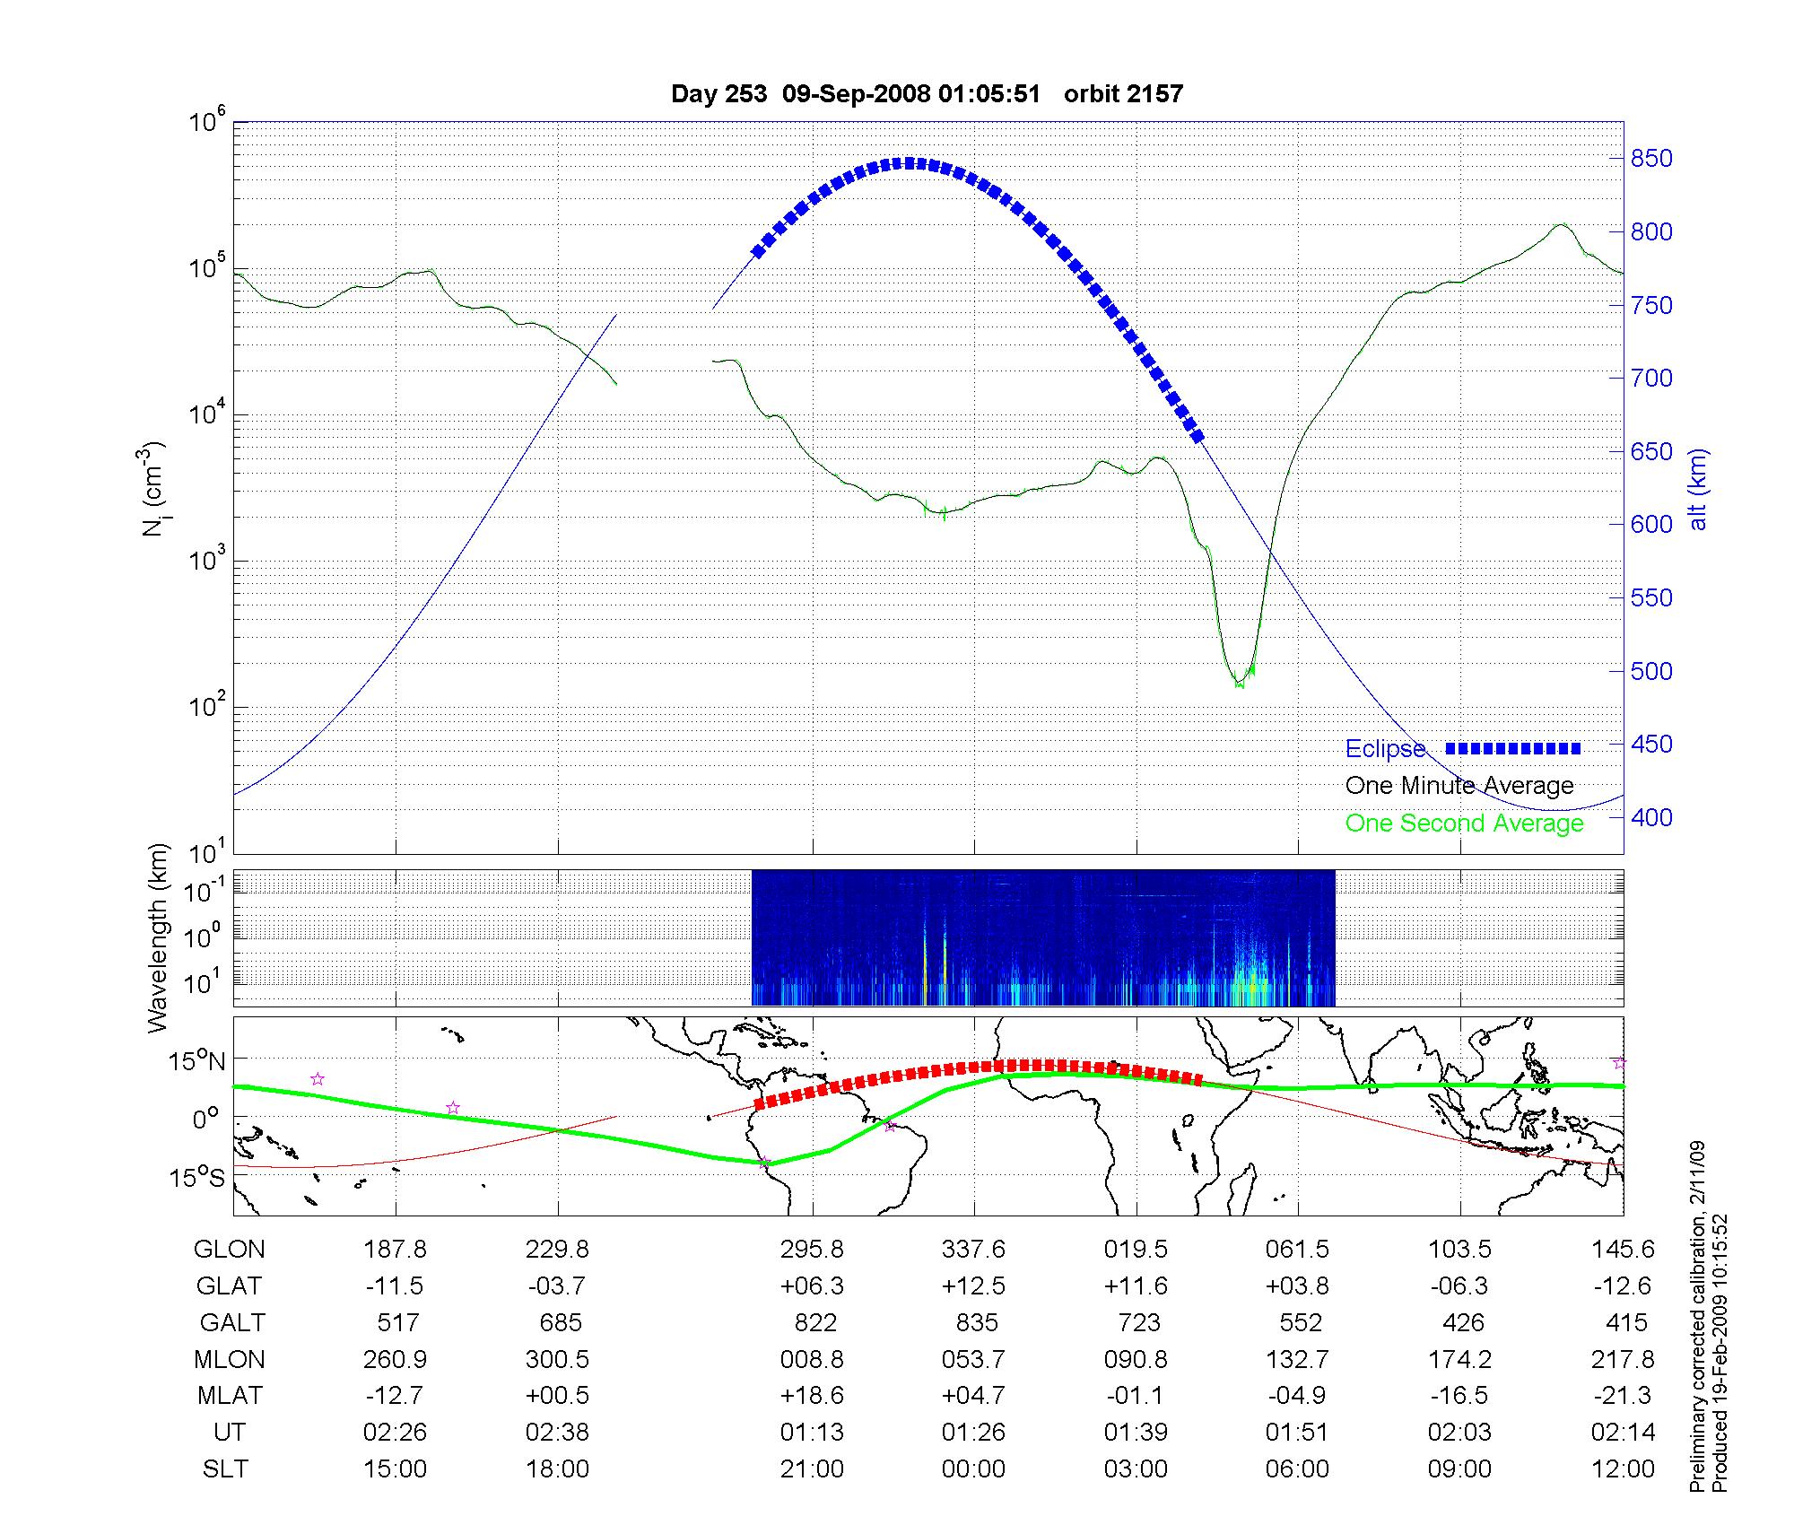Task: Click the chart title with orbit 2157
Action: point(927,93)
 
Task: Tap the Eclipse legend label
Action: point(1385,749)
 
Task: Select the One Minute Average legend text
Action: point(1459,786)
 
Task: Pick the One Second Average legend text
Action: point(1464,823)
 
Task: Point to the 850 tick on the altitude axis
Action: point(1651,159)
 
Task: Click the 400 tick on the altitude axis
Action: point(1651,817)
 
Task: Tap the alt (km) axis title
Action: point(1698,489)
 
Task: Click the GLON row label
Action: point(229,1250)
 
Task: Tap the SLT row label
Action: point(225,1469)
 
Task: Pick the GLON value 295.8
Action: point(812,1250)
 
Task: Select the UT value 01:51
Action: point(1297,1433)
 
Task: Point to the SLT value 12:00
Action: point(1623,1469)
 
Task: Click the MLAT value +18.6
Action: point(812,1396)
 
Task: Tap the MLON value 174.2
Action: point(1459,1360)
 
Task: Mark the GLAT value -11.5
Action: point(395,1286)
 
